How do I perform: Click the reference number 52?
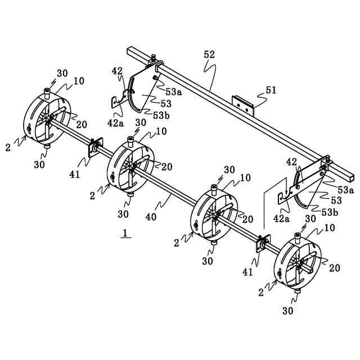(x=209, y=55)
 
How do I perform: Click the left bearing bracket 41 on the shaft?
(x=93, y=148)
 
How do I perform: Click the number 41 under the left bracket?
(x=75, y=174)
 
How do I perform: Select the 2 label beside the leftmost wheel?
(x=8, y=147)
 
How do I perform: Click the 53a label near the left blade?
(x=174, y=90)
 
